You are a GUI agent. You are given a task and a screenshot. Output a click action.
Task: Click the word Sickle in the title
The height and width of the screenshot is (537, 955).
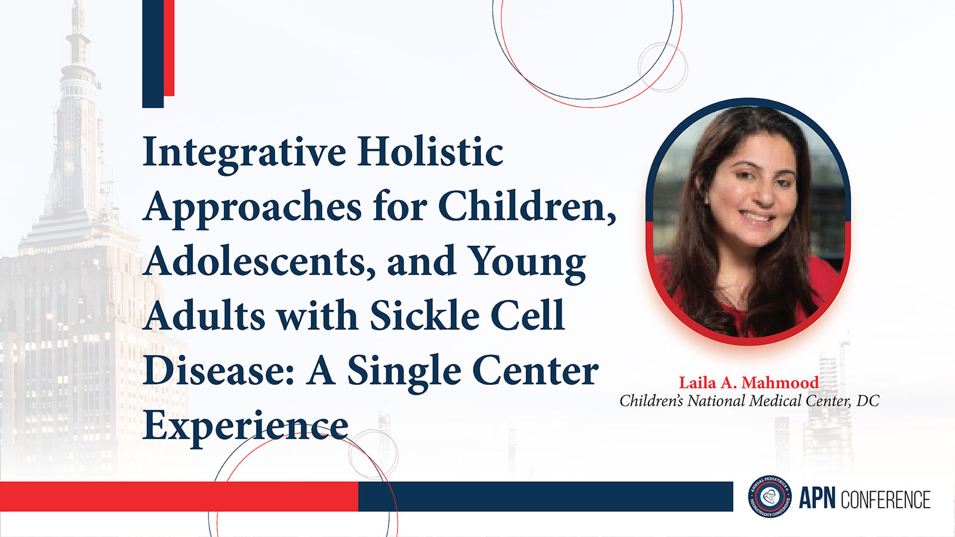424,316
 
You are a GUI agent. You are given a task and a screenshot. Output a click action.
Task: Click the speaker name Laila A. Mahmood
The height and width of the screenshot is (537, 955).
748,382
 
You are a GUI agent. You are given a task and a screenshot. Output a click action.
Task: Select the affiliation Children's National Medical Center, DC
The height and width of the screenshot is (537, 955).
749,400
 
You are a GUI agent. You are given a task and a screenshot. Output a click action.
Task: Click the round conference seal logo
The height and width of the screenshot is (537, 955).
770,496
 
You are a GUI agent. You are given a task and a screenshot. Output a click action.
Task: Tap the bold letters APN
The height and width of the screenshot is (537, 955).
817,498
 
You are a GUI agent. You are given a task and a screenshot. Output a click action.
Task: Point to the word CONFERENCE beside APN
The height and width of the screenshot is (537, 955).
886,499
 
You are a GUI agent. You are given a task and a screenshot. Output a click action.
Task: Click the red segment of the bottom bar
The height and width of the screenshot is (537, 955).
179,496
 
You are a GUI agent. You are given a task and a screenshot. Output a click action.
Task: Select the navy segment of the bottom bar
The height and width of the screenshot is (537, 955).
546,496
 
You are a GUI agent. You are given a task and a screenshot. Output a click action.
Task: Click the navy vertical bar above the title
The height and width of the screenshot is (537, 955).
153,54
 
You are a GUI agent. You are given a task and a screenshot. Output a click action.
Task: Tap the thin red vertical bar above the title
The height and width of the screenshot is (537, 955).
170,48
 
